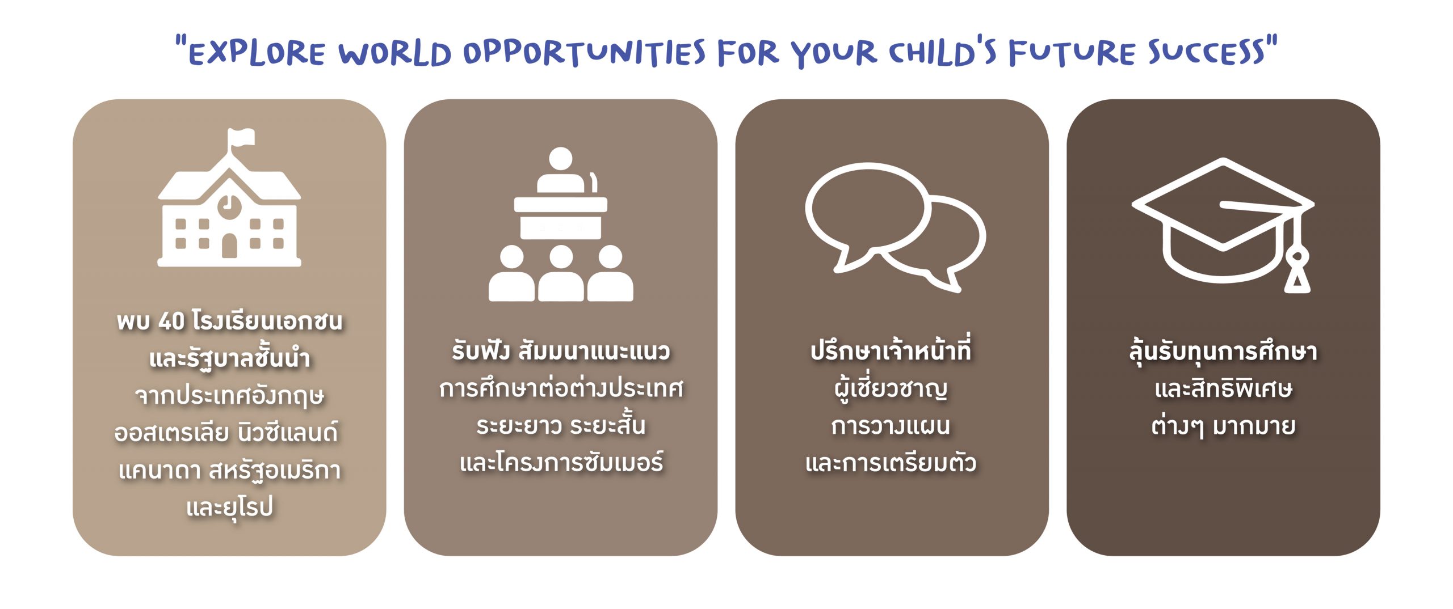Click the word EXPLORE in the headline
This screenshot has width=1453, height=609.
click(x=257, y=53)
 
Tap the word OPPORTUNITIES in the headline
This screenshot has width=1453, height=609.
click(x=585, y=53)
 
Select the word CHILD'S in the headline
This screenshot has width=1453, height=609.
click(x=942, y=53)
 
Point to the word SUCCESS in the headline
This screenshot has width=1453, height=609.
click(x=1207, y=52)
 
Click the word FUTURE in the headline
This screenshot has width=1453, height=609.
click(x=1072, y=53)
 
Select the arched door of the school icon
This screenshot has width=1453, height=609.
click(x=229, y=245)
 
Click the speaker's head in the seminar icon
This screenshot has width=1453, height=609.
click(x=561, y=158)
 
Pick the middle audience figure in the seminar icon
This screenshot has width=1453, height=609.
click(x=561, y=273)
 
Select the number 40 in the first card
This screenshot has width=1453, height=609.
click(x=171, y=322)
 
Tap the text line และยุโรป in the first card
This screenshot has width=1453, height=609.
click(x=230, y=507)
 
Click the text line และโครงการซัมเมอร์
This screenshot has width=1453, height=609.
click(x=561, y=462)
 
